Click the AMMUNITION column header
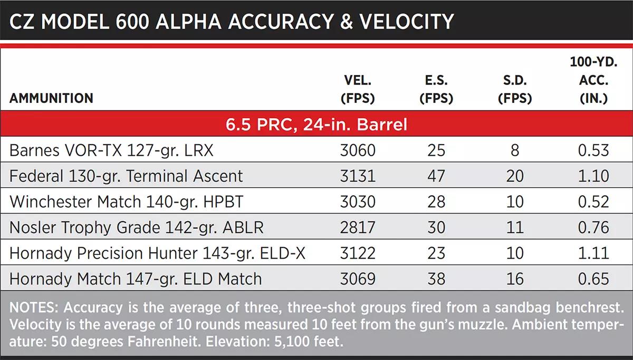[51, 98]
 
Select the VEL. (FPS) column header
[358, 89]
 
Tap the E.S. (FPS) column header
[436, 89]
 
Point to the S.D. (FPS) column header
[515, 89]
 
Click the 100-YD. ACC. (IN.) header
[593, 80]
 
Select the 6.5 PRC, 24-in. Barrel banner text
[316, 124]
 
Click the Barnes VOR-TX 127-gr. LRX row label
[111, 150]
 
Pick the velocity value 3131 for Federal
[358, 176]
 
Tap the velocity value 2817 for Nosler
[358, 228]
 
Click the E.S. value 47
[436, 176]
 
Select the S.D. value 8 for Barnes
[515, 150]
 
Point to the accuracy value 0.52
[593, 202]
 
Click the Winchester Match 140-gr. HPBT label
[126, 202]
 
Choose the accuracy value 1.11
[593, 253]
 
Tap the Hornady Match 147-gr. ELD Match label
[136, 279]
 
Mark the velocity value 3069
[358, 279]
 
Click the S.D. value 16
[515, 279]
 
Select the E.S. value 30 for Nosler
[436, 228]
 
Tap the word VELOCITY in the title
[406, 22]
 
